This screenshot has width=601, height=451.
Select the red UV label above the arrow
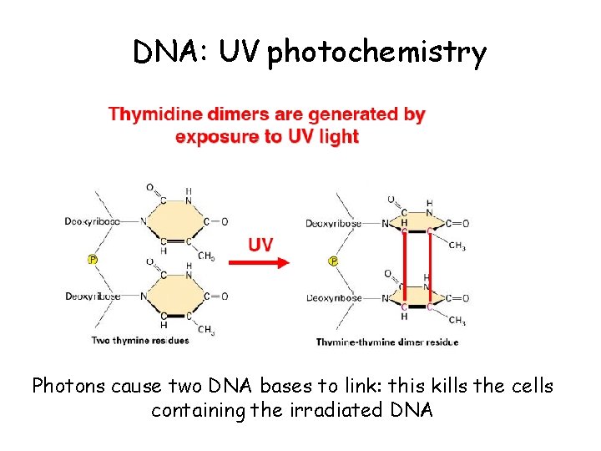(260, 244)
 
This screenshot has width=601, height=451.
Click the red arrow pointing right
(259, 261)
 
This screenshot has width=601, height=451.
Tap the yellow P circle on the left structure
(93, 259)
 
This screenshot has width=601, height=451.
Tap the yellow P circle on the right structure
(333, 261)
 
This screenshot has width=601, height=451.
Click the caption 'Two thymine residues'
(140, 340)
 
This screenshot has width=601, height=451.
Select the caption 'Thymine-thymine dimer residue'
(386, 342)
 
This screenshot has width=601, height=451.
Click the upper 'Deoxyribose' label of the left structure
(92, 221)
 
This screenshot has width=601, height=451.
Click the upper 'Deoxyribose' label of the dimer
(334, 223)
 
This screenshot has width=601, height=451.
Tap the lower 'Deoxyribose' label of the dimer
(334, 297)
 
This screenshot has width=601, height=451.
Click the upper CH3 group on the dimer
(457, 246)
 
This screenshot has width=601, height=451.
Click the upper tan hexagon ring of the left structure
(171, 221)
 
